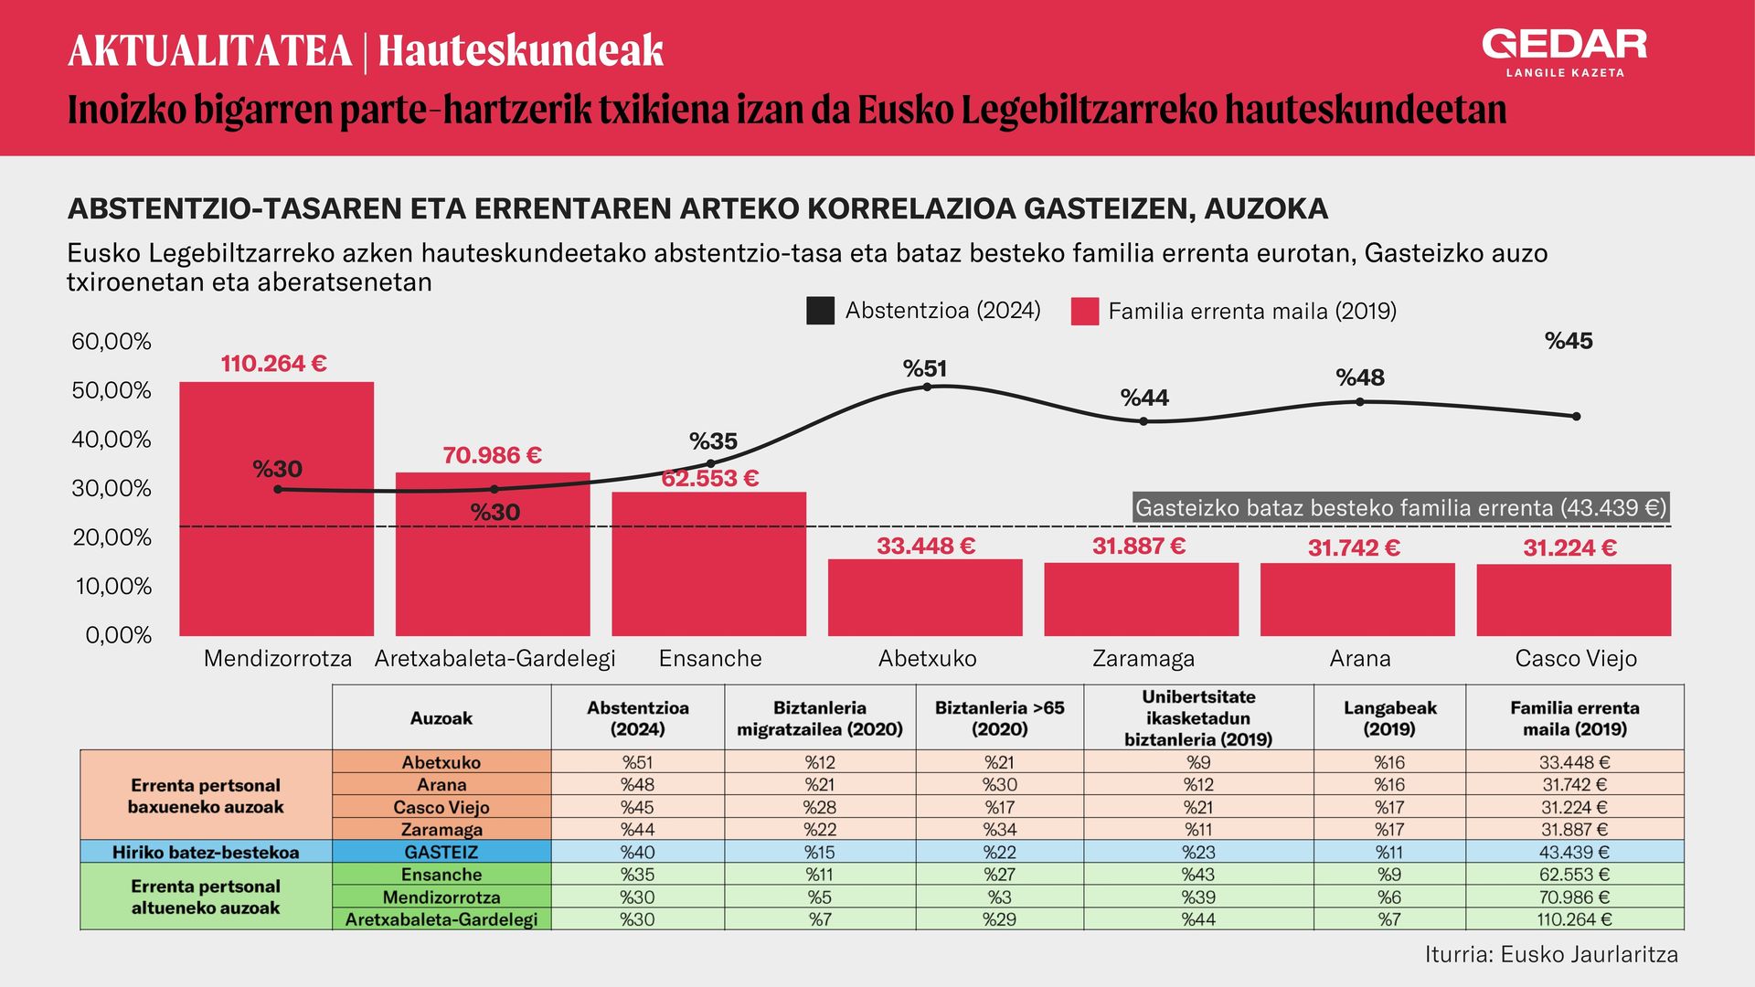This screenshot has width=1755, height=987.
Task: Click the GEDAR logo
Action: pyautogui.click(x=1564, y=53)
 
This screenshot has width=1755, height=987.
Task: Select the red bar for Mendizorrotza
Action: pyautogui.click(x=276, y=509)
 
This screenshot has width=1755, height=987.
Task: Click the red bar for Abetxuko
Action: pyautogui.click(x=925, y=598)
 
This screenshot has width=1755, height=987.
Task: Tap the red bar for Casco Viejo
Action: pyautogui.click(x=1574, y=600)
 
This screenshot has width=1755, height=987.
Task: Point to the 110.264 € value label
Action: pyautogui.click(x=273, y=364)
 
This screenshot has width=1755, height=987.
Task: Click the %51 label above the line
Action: pyautogui.click(x=925, y=368)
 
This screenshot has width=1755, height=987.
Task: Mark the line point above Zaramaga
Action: pyautogui.click(x=1143, y=421)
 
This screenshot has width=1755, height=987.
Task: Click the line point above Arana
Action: pyautogui.click(x=1360, y=402)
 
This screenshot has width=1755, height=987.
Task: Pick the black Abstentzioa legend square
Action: pyautogui.click(x=820, y=311)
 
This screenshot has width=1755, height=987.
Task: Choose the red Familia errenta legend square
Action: pyautogui.click(x=1084, y=311)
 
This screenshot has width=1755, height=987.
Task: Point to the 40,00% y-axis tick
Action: pyautogui.click(x=112, y=440)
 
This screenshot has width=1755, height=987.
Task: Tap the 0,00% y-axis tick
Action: pyautogui.click(x=118, y=635)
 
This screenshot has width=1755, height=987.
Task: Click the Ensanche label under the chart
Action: pyautogui.click(x=710, y=658)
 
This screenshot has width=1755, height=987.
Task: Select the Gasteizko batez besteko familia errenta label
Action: pyautogui.click(x=1400, y=508)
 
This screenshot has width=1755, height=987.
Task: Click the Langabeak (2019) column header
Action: pyautogui.click(x=1389, y=718)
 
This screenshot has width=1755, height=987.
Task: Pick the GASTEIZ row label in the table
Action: pyautogui.click(x=441, y=852)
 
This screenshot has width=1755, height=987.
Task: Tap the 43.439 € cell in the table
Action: pyautogui.click(x=1574, y=852)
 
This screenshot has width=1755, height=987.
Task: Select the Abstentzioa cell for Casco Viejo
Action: pyautogui.click(x=638, y=807)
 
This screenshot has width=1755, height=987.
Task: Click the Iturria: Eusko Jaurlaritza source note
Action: pyautogui.click(x=1551, y=955)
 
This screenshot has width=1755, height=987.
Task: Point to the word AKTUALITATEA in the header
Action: pyautogui.click(x=209, y=51)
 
